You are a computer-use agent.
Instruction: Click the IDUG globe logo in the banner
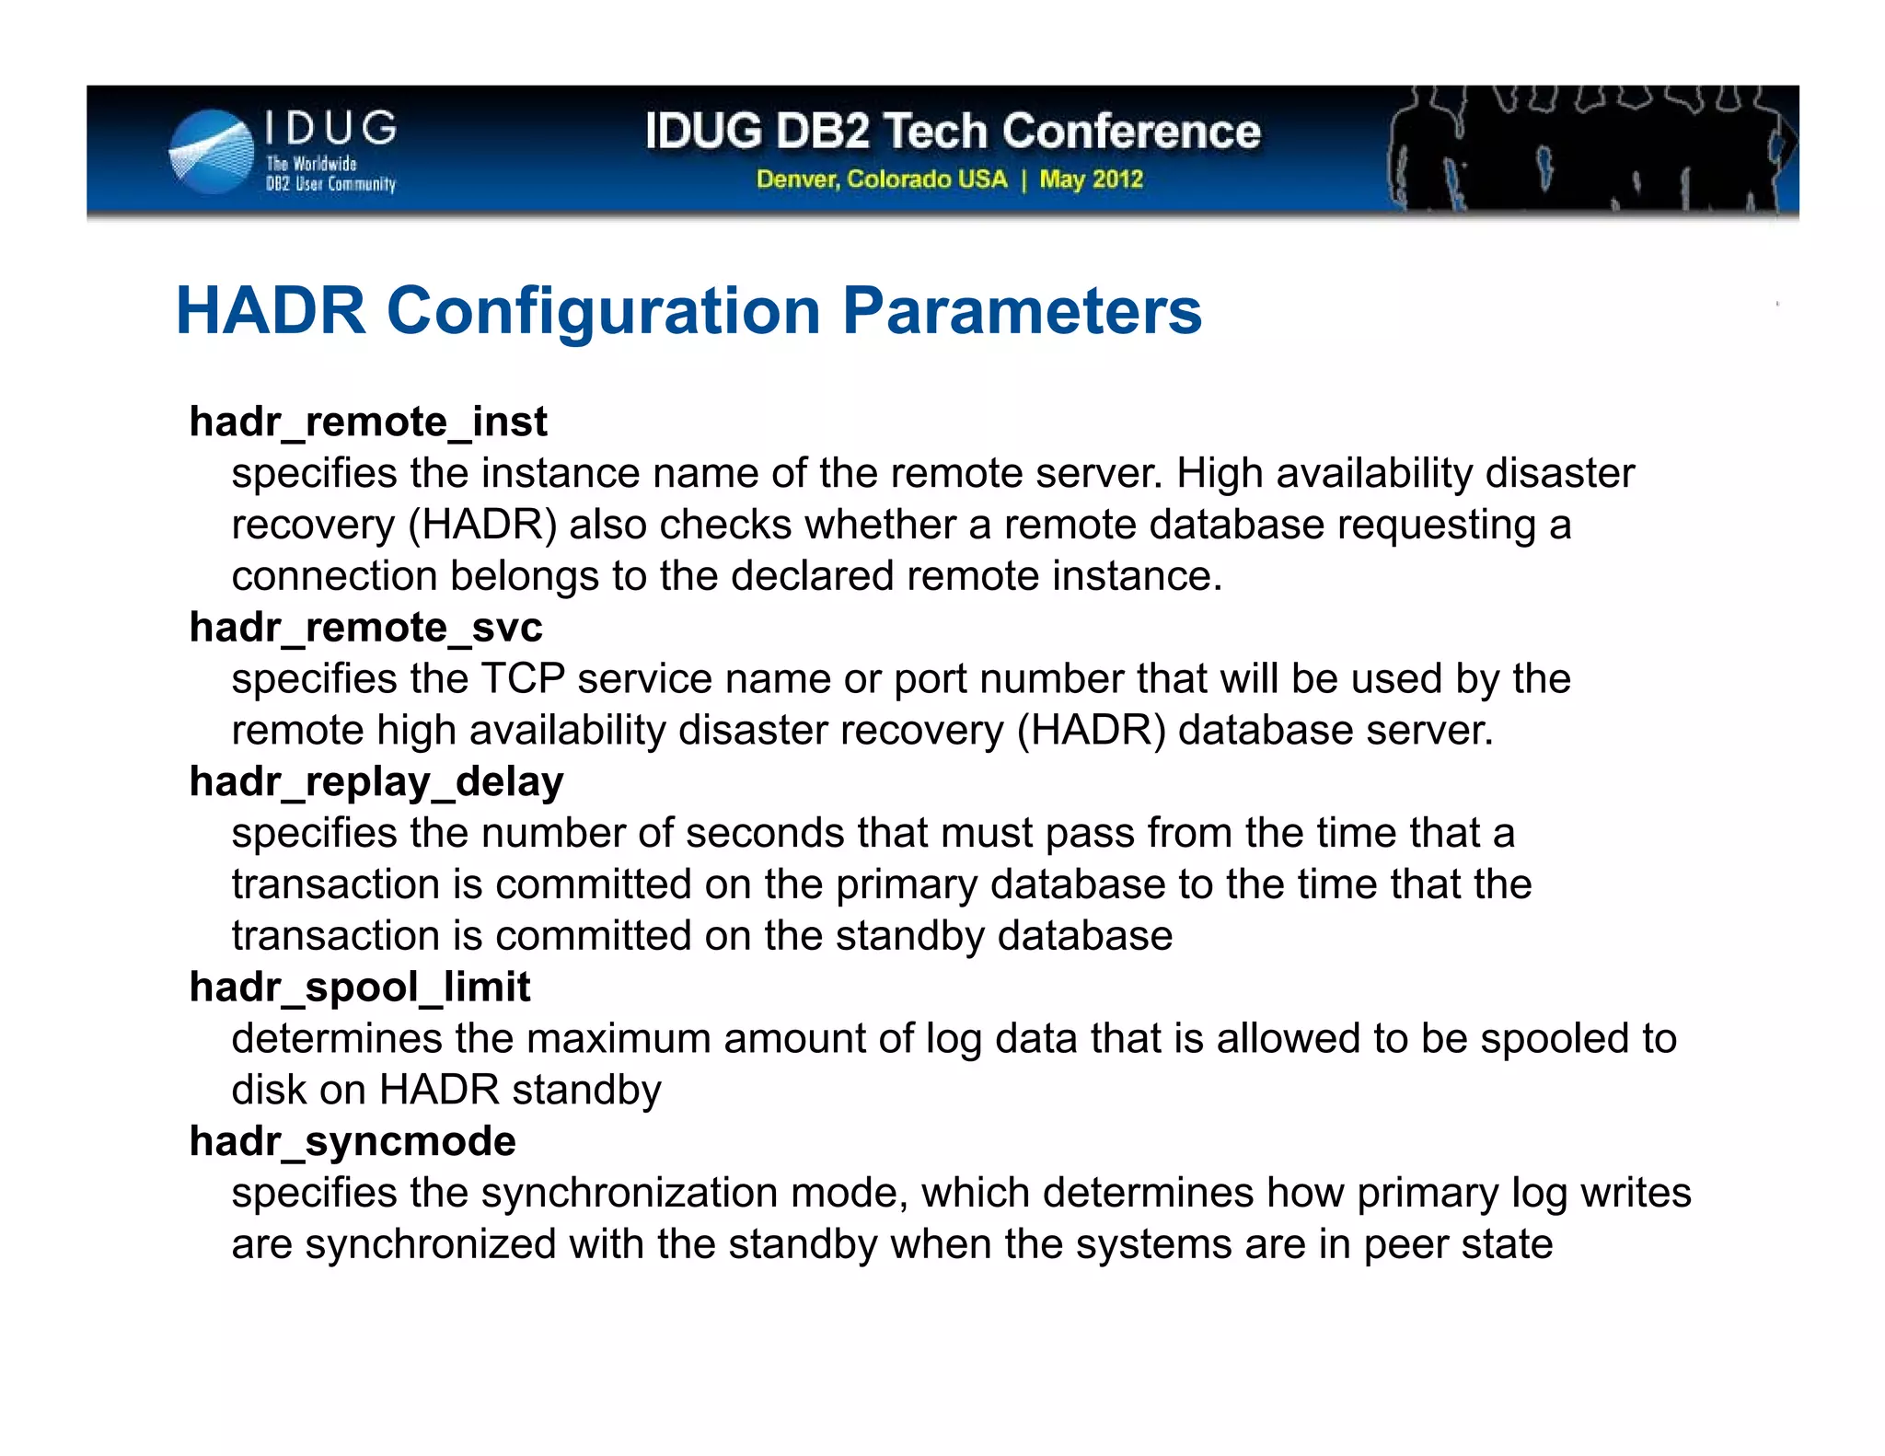click(x=212, y=152)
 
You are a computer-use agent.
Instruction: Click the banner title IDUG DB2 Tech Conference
click(x=953, y=131)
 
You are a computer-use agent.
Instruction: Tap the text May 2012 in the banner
click(x=1091, y=179)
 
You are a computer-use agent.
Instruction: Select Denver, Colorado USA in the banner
click(x=882, y=179)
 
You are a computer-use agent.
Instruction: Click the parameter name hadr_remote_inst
click(x=368, y=422)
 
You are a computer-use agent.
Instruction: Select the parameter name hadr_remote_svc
click(x=365, y=628)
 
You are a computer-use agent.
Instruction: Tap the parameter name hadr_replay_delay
click(x=376, y=781)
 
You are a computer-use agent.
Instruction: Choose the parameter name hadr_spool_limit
click(x=360, y=987)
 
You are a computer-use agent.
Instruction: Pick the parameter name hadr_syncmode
click(x=353, y=1141)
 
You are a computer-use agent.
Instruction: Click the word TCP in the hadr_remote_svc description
click(x=523, y=679)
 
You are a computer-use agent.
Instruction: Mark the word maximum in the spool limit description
click(x=619, y=1038)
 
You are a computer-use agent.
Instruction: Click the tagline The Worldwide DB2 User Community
click(x=330, y=174)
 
